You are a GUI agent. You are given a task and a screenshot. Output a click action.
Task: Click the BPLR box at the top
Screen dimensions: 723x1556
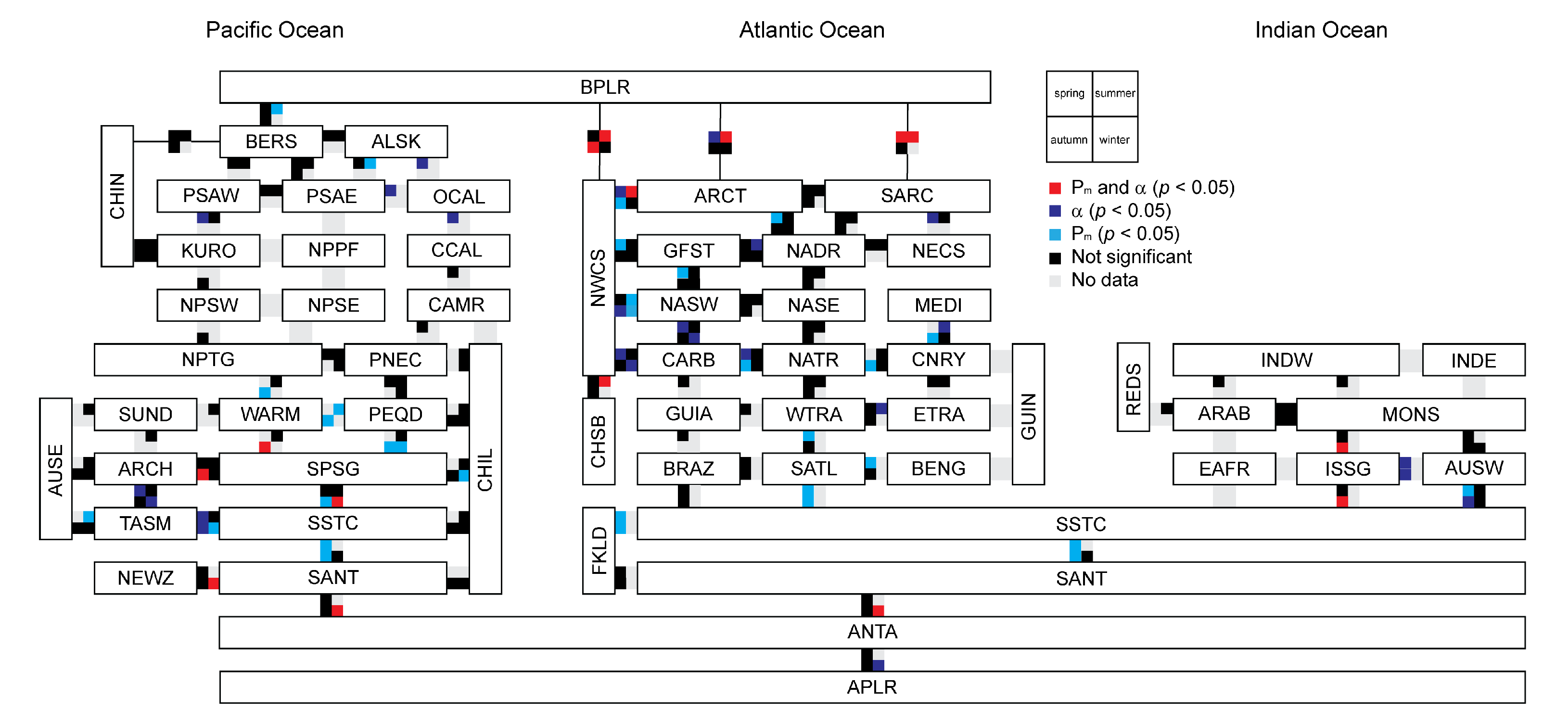[605, 87]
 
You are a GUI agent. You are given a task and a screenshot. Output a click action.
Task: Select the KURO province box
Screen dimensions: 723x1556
[208, 251]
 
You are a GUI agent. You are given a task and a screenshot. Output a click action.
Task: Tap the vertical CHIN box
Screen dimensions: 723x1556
[117, 196]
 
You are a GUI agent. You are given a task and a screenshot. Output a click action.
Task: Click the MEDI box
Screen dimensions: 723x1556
[938, 305]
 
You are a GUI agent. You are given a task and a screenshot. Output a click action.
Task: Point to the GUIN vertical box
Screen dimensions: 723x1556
[1028, 414]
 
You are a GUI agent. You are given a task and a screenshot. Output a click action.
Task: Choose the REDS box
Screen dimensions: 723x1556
[1133, 387]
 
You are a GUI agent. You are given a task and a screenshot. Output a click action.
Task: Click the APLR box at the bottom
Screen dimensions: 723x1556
[872, 687]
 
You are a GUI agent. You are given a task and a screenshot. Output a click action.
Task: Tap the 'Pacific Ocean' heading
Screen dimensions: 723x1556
[275, 30]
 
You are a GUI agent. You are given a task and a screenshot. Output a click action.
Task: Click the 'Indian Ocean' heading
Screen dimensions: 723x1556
[1321, 30]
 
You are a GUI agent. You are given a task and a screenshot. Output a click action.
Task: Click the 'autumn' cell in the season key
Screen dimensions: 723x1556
[1069, 140]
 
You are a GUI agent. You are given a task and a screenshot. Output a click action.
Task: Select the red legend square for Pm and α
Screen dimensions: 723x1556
[1055, 189]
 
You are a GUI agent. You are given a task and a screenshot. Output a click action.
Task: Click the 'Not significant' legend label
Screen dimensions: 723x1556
[1131, 257]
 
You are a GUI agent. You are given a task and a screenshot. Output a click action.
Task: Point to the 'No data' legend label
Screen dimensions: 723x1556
[1104, 279]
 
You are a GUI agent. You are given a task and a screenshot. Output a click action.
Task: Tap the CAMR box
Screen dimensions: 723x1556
[457, 305]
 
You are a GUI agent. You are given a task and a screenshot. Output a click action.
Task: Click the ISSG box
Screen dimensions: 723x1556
[1348, 469]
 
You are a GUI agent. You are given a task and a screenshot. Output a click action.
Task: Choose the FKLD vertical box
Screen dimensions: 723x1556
[599, 550]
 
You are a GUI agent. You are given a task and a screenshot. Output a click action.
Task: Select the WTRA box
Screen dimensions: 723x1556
[813, 414]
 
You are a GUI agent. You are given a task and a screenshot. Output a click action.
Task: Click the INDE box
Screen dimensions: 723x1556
[1473, 360]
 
